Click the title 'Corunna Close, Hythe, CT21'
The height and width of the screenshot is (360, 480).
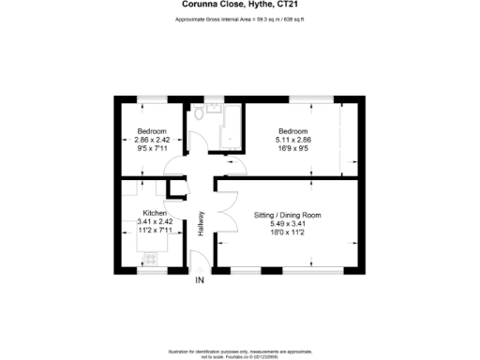click(x=239, y=6)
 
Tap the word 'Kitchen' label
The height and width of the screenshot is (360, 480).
click(x=154, y=213)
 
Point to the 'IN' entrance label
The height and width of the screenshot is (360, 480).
click(x=199, y=280)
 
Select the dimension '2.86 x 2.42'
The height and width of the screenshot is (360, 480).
click(x=151, y=140)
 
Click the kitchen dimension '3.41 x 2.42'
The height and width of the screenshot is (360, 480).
click(x=154, y=222)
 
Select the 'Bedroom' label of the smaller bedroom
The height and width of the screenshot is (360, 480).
click(x=151, y=130)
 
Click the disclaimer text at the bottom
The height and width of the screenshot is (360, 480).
click(x=239, y=351)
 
